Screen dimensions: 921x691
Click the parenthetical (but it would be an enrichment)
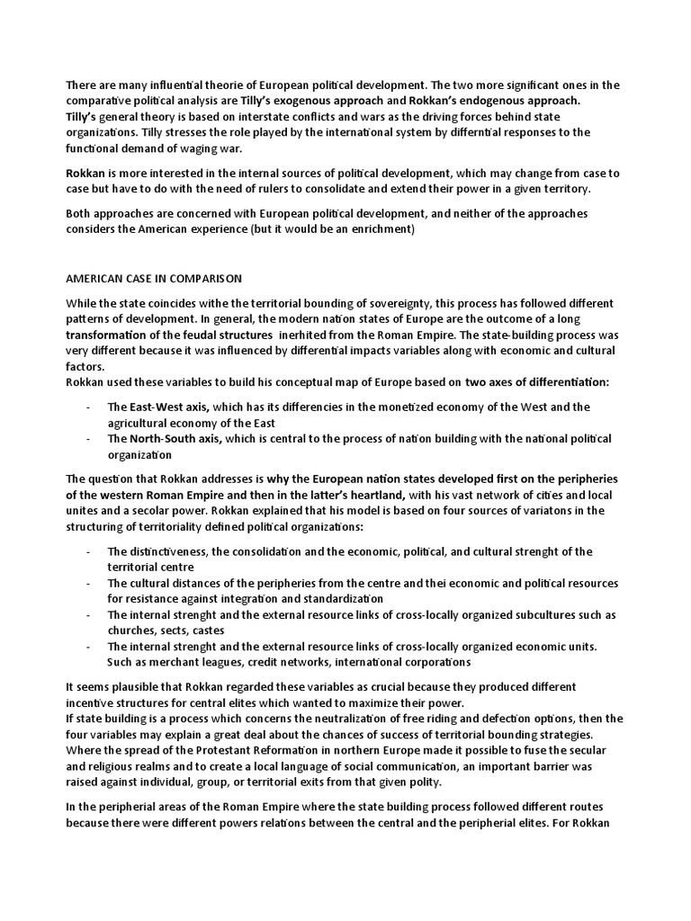(x=337, y=229)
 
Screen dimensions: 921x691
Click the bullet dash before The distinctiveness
(x=88, y=551)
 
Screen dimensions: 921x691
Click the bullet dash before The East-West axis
(x=88, y=407)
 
